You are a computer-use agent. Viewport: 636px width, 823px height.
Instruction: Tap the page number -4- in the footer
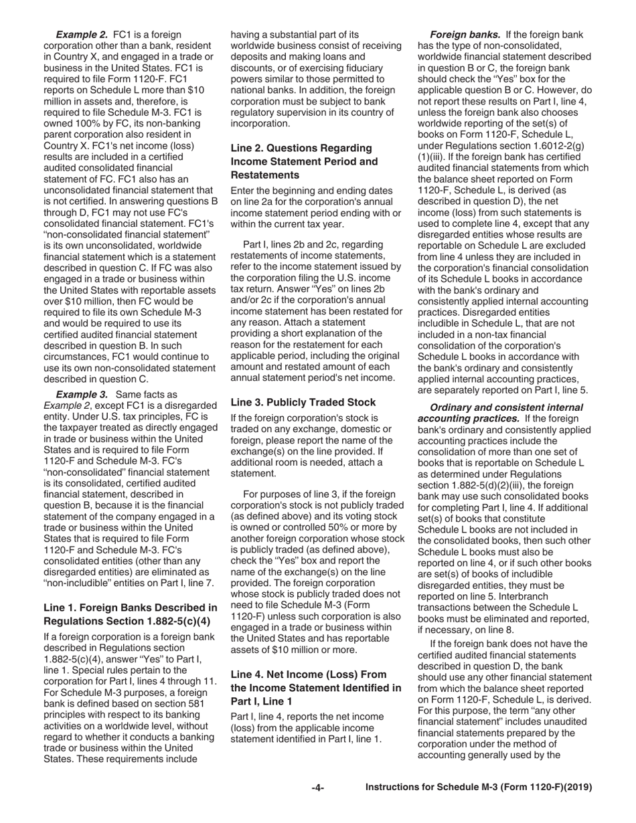point(317,788)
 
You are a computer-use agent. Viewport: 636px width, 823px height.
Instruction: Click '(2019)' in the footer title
point(576,788)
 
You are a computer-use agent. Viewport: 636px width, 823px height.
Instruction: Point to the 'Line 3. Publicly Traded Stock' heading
point(303,402)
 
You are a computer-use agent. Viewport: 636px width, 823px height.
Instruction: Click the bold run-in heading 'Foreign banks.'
point(465,34)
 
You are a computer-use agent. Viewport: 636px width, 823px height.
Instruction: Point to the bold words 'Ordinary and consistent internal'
point(506,407)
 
